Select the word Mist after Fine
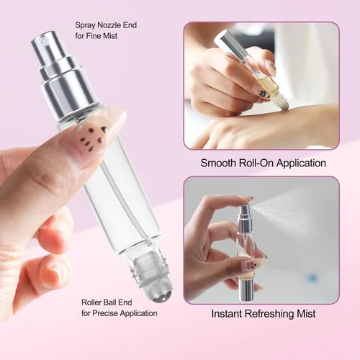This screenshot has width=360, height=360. [110, 36]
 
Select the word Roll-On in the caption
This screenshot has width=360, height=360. [256, 163]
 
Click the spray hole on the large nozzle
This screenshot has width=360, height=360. [43, 39]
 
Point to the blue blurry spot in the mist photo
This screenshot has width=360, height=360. [312, 278]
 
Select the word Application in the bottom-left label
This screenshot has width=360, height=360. [139, 313]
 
